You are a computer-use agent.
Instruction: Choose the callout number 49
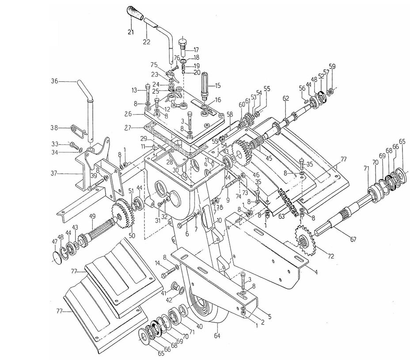tap(92, 216)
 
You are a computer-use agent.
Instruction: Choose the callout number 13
tap(135, 90)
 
